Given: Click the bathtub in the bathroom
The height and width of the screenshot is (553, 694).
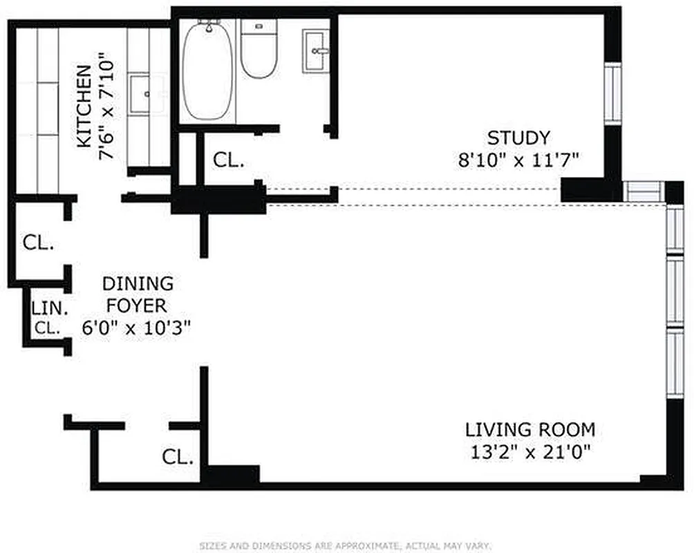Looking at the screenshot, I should pyautogui.click(x=207, y=71).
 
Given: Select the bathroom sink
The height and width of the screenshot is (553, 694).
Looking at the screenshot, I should pyautogui.click(x=317, y=50).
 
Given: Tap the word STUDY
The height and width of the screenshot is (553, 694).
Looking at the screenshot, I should pyautogui.click(x=518, y=138).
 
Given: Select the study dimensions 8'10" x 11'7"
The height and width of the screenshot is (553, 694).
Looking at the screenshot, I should pyautogui.click(x=518, y=160).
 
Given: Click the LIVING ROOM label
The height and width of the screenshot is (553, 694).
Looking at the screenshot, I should pyautogui.click(x=529, y=430).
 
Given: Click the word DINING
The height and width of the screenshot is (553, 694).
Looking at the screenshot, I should pyautogui.click(x=138, y=283).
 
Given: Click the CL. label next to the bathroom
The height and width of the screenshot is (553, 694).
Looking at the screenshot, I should pyautogui.click(x=228, y=160).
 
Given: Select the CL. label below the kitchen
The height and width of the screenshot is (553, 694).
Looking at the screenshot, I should pyautogui.click(x=37, y=243).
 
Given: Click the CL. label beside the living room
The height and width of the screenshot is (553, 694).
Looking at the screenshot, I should pyautogui.click(x=178, y=456).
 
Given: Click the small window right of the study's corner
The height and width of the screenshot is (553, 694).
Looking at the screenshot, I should pyautogui.click(x=643, y=191).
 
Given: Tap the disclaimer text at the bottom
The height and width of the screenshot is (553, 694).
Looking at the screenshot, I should pyautogui.click(x=346, y=545).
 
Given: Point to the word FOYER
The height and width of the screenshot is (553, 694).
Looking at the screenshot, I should pyautogui.click(x=138, y=306).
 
